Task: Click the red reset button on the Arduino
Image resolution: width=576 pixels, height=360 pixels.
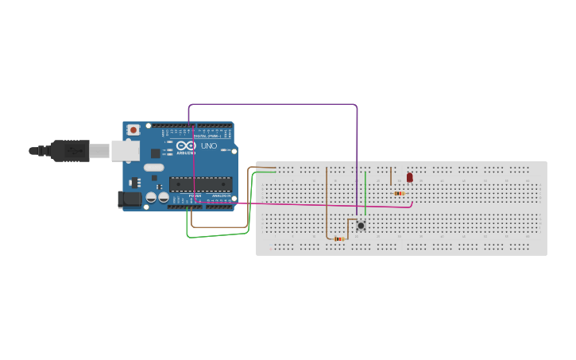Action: click(133, 130)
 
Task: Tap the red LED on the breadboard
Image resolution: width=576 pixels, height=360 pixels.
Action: click(410, 178)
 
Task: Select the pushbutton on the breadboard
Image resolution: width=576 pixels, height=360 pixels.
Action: click(361, 226)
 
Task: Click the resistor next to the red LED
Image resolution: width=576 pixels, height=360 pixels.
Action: click(399, 193)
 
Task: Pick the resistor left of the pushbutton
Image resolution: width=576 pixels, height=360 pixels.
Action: click(339, 238)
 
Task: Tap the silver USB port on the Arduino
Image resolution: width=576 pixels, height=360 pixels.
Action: click(124, 150)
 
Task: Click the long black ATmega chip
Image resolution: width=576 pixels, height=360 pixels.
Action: click(199, 184)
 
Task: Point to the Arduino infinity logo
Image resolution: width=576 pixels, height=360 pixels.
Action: click(186, 146)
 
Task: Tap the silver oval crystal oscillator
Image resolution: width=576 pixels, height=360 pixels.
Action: click(153, 168)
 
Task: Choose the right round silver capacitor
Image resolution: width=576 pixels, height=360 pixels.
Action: click(163, 197)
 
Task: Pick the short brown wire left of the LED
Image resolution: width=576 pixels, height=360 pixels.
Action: click(391, 175)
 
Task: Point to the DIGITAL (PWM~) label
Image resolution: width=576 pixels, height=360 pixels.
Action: click(207, 136)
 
